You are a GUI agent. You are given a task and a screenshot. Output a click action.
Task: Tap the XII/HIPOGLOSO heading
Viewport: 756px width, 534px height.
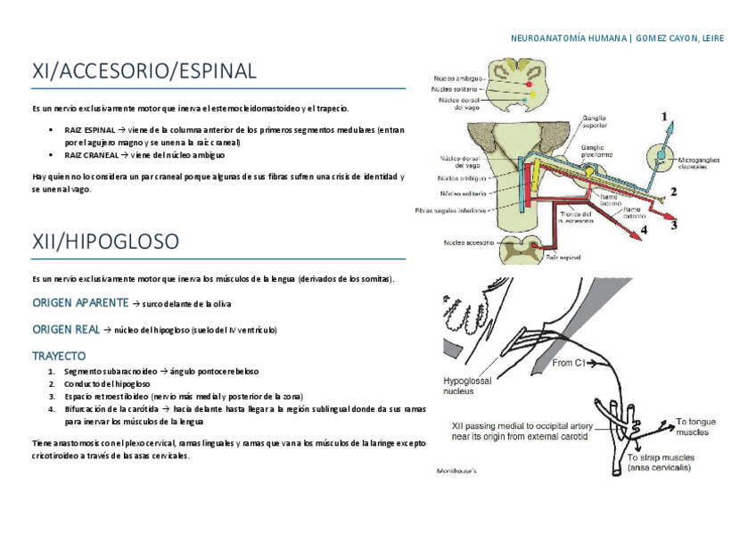(105, 241)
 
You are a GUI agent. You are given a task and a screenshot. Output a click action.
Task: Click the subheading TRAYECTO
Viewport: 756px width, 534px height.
(59, 356)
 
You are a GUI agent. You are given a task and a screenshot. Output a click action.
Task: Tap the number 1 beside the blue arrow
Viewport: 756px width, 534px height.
(662, 116)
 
